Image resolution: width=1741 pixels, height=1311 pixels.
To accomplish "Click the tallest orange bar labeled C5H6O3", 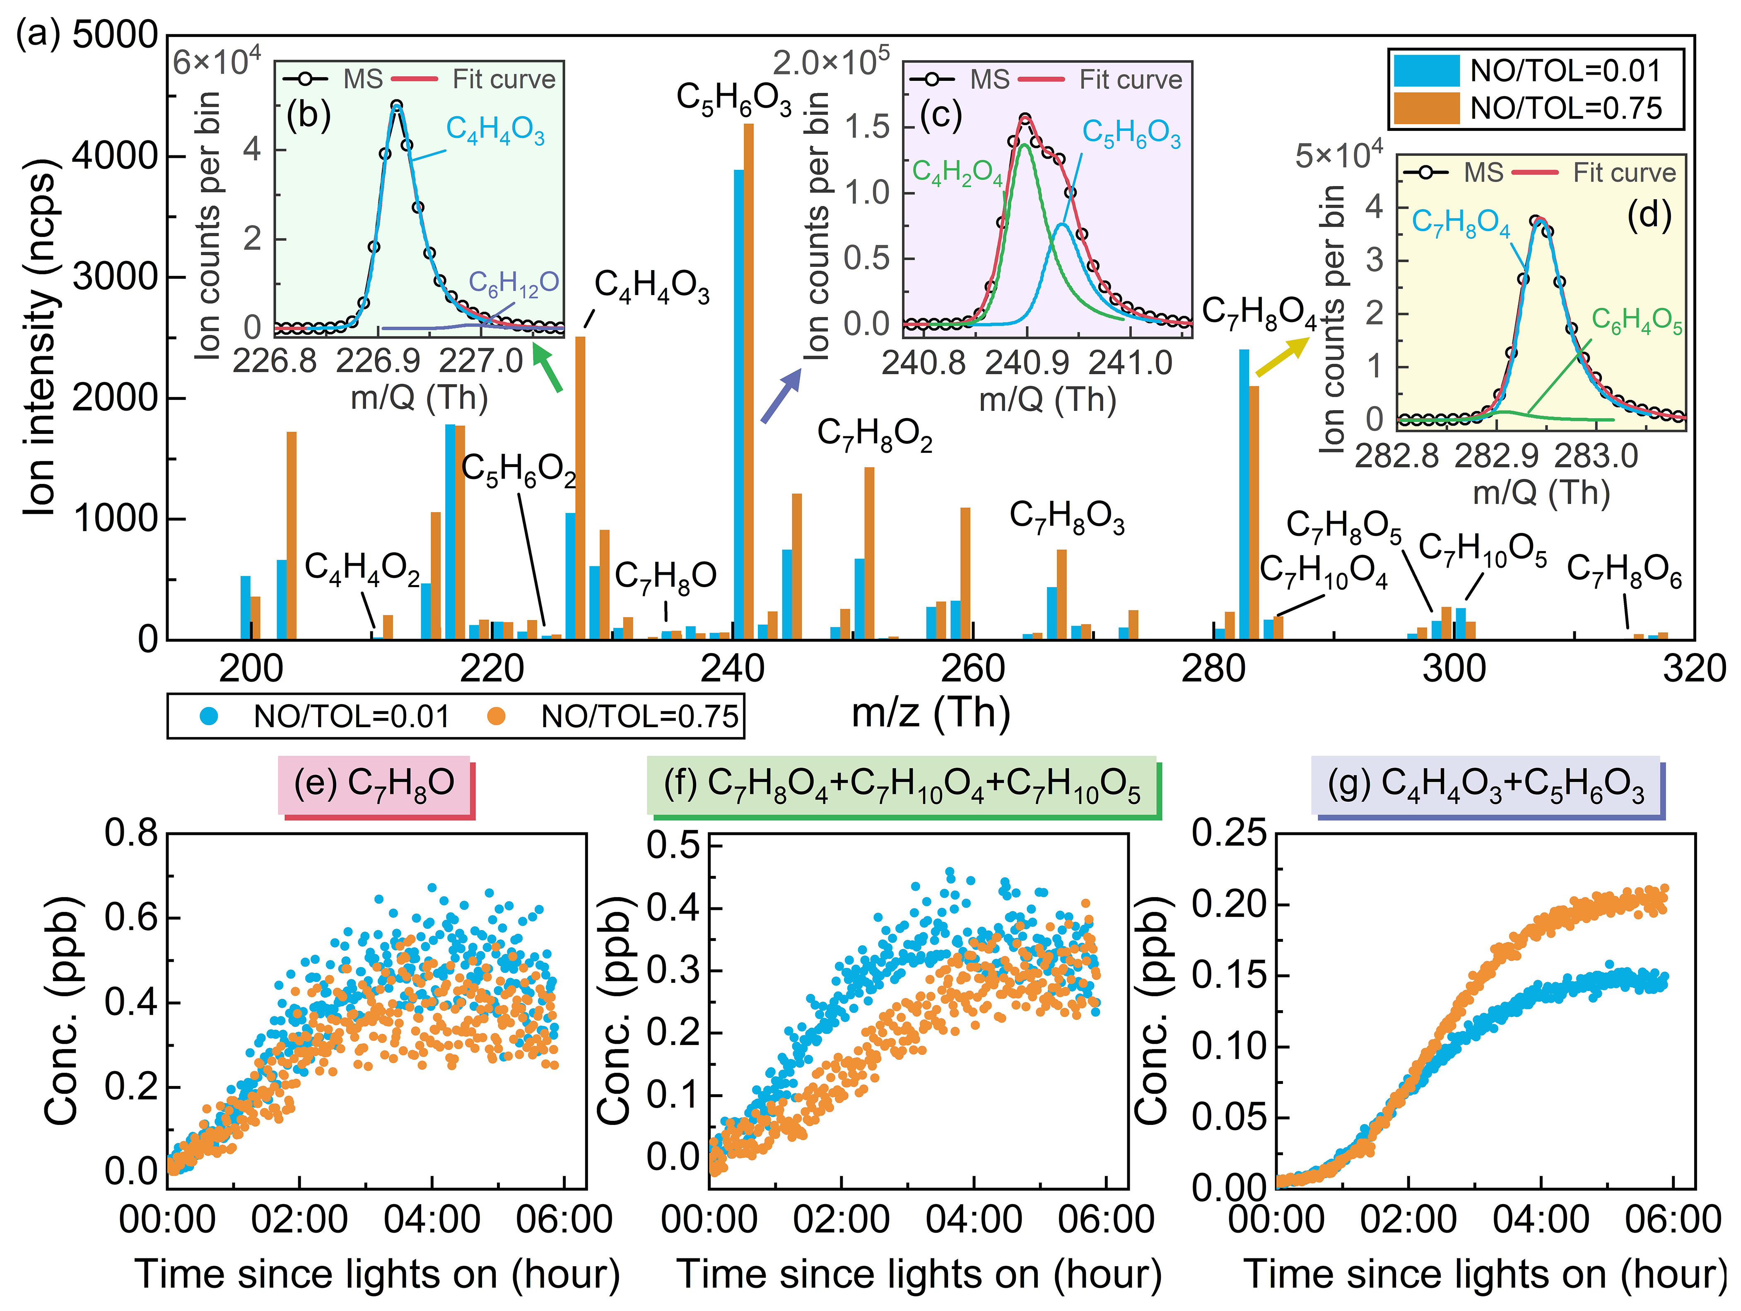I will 748,378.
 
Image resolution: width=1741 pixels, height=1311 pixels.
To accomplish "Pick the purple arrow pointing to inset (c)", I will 780,396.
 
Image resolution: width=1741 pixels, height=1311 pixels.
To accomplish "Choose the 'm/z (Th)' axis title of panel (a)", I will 930,713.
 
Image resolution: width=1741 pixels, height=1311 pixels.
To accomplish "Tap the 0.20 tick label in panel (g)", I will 1229,904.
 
